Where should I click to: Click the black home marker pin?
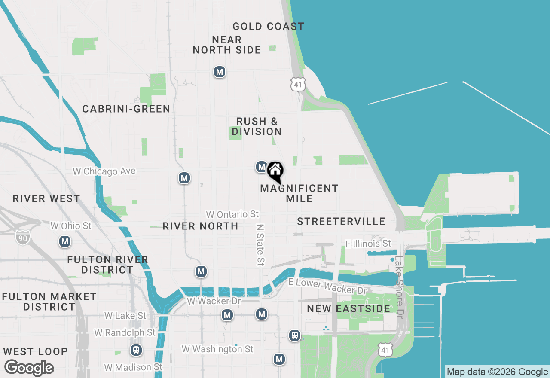(275, 171)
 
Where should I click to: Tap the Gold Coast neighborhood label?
(268, 27)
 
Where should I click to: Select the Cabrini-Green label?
(126, 109)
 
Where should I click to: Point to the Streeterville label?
(341, 222)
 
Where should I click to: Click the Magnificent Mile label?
(299, 193)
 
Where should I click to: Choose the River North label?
(200, 226)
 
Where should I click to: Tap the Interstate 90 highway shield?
(22, 237)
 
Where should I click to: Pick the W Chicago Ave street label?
(104, 171)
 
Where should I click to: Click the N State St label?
(260, 244)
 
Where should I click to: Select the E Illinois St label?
(368, 244)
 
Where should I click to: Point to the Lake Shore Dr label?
(400, 287)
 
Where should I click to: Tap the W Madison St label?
(134, 367)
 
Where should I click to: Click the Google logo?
(29, 368)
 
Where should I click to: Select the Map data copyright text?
(497, 372)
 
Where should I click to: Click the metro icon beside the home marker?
(261, 167)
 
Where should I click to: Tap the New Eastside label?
(348, 308)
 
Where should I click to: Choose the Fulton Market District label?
(49, 302)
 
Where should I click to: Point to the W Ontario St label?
(232, 214)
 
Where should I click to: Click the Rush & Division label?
(257, 126)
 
